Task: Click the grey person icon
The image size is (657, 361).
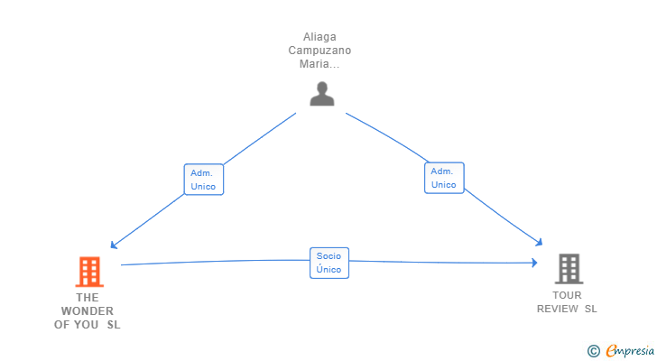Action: pos(322,94)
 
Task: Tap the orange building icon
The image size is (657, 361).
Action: pos(89,272)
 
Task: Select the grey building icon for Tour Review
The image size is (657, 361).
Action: pos(569,269)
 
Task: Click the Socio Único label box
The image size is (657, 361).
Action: pos(329,263)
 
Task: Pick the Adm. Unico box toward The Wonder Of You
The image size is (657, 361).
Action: pos(204,180)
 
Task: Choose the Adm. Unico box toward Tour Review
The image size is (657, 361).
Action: pos(444,178)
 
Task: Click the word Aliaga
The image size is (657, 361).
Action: pos(319,37)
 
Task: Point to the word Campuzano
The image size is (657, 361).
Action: pos(319,51)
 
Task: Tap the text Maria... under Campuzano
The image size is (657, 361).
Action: pos(319,64)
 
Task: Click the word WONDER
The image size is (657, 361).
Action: pos(88,311)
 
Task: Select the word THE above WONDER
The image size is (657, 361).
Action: pos(88,297)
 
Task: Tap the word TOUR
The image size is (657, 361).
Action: pos(567,295)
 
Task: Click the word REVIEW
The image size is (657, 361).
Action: pos(558,309)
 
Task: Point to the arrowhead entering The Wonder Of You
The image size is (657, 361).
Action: pos(113,245)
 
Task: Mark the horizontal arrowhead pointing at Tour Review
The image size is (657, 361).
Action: pos(534,263)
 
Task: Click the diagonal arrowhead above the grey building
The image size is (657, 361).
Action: pos(540,243)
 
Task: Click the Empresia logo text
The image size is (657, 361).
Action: pos(630,351)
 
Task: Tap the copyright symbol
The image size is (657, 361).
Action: pos(593,351)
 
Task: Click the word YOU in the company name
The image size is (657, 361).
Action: pos(87,325)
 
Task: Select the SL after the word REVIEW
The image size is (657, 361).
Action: pos(591,309)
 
